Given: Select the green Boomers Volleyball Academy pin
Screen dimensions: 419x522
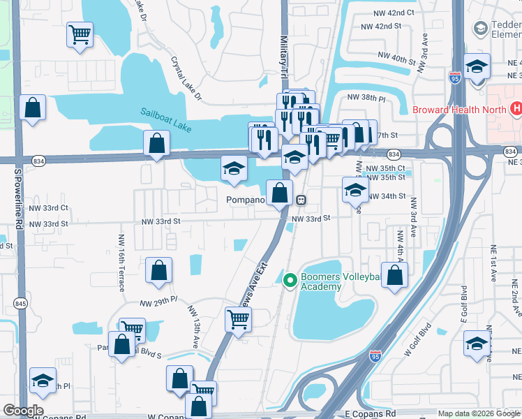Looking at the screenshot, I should [x=290, y=280].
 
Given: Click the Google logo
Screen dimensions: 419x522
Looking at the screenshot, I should [x=23, y=411].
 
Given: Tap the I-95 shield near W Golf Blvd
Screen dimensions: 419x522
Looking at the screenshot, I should [x=375, y=355].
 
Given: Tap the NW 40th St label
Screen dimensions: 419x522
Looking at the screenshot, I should [x=396, y=58].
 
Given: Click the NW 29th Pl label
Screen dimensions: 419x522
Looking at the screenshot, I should [x=158, y=302].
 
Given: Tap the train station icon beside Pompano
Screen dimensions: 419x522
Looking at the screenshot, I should [x=301, y=199].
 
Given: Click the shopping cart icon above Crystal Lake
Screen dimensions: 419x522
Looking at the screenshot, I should [x=80, y=34].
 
